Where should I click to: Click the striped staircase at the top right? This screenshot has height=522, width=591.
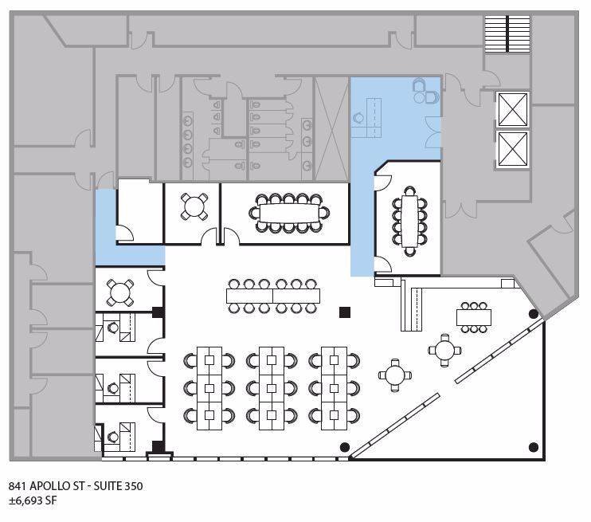coord(507,33)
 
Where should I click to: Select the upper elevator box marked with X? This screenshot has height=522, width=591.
coord(511,109)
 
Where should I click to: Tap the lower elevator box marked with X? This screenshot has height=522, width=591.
coord(511,149)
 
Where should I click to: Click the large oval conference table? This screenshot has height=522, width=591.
coord(288,213)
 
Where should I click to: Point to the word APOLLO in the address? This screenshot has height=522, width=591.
coord(56,485)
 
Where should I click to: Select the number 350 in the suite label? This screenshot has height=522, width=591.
coord(133,485)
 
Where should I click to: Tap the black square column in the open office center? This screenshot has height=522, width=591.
coord(344,312)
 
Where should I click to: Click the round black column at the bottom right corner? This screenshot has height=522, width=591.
coord(533,447)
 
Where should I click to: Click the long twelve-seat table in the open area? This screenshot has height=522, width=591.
coord(273,296)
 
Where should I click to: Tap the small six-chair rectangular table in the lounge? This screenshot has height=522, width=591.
coord(474,317)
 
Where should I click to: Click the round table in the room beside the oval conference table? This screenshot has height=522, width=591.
coord(194,206)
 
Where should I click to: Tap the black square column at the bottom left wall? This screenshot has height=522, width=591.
coord(159,446)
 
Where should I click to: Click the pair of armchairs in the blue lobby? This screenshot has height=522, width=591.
coord(425,93)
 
